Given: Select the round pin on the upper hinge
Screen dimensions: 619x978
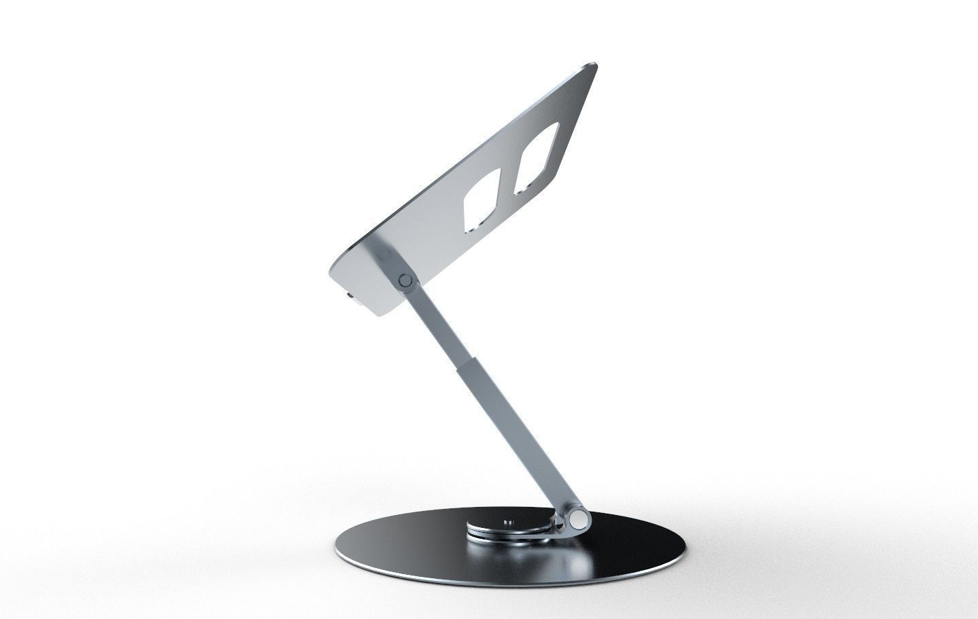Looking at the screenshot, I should pos(407,279).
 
